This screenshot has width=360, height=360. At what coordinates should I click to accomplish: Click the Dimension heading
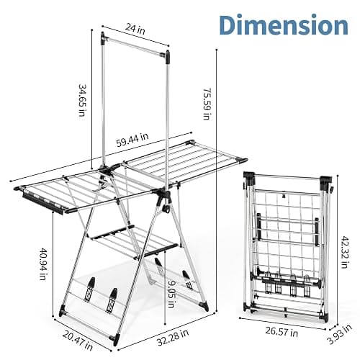pos(284,25)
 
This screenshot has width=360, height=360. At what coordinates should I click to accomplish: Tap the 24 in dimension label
pos(135,29)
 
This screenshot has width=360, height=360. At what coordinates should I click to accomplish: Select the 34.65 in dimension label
pos(82,100)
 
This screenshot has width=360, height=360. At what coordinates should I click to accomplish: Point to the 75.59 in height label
pos(207,104)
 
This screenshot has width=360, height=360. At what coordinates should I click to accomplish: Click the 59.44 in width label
pos(132,140)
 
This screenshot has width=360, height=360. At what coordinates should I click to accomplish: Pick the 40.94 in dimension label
pos(42,264)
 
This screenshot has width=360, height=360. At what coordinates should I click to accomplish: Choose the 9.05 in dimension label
pos(171,294)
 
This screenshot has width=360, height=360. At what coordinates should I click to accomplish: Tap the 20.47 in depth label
pos(78,341)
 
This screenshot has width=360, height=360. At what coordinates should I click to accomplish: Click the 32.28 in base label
pos(173,338)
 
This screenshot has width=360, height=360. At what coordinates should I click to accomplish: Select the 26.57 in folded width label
pos(282,332)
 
